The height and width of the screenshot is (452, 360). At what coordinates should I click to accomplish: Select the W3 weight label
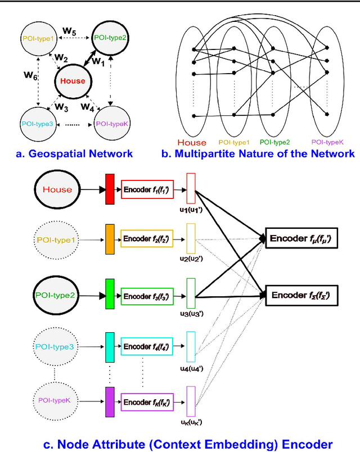[61, 107]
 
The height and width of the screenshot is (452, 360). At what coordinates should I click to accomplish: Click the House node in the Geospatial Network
[73, 81]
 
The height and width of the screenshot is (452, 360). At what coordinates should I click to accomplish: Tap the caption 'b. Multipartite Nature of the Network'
[259, 153]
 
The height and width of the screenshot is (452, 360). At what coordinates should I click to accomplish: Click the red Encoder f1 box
[147, 189]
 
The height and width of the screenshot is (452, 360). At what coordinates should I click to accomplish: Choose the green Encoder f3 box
[147, 296]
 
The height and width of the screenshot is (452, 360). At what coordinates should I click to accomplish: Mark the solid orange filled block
[110, 239]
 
